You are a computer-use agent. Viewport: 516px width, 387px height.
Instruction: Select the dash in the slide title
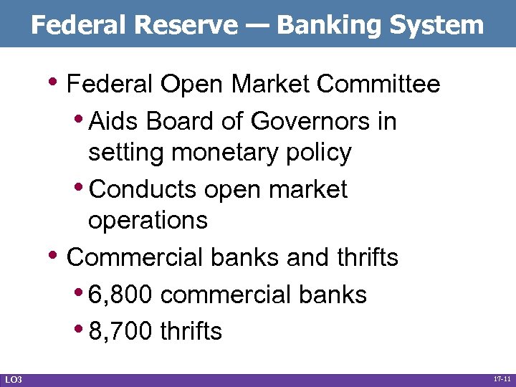point(257,26)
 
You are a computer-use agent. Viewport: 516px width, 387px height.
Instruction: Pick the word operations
point(148,220)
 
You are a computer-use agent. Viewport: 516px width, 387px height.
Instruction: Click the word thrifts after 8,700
point(191,331)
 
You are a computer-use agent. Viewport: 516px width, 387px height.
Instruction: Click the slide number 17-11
point(502,378)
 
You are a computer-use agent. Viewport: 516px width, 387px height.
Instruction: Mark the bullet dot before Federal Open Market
point(57,80)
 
